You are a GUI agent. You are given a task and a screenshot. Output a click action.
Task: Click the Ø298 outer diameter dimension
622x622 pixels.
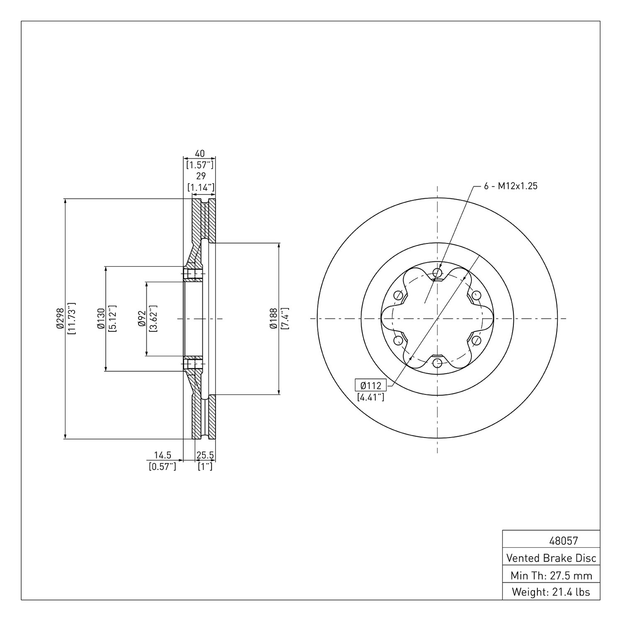pyautogui.click(x=60, y=318)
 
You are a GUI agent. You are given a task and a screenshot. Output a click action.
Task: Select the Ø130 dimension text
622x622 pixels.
pyautogui.click(x=100, y=318)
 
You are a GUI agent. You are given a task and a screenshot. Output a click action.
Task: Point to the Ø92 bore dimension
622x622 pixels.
pyautogui.click(x=141, y=318)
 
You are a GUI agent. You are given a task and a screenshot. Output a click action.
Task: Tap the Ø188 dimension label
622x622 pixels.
pyautogui.click(x=273, y=318)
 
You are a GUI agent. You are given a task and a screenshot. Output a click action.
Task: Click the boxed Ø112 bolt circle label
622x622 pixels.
pyautogui.click(x=371, y=385)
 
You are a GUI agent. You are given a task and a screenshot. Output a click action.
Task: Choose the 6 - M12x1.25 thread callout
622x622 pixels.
pyautogui.click(x=511, y=186)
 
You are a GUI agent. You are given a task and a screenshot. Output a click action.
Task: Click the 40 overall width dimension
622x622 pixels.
pyautogui.click(x=200, y=153)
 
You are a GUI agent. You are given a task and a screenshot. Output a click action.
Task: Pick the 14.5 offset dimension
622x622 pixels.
pyautogui.click(x=163, y=455)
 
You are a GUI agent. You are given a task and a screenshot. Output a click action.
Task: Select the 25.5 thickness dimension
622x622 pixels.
pyautogui.click(x=205, y=455)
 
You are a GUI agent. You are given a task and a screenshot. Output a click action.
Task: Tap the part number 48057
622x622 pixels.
pyautogui.click(x=563, y=541)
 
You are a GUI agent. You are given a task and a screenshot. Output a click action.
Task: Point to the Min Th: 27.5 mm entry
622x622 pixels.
pyautogui.click(x=552, y=576)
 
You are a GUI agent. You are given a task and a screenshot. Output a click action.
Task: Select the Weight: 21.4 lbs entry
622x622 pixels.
pyautogui.click(x=551, y=592)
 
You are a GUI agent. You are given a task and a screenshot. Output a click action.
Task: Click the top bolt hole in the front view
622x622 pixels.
pyautogui.click(x=437, y=273)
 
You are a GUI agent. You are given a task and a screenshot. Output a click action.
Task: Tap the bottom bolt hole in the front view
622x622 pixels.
pyautogui.click(x=437, y=363)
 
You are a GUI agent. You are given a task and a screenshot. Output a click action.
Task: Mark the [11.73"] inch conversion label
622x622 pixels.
pyautogui.click(x=71, y=318)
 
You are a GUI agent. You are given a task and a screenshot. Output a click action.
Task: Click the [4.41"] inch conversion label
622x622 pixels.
pyautogui.click(x=371, y=397)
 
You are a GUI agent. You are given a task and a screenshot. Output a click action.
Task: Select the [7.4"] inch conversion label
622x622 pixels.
pyautogui.click(x=284, y=318)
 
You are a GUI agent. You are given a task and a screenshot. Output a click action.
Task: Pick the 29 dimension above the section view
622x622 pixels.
pyautogui.click(x=201, y=176)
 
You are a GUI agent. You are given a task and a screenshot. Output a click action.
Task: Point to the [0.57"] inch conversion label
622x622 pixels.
pyautogui.click(x=163, y=466)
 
